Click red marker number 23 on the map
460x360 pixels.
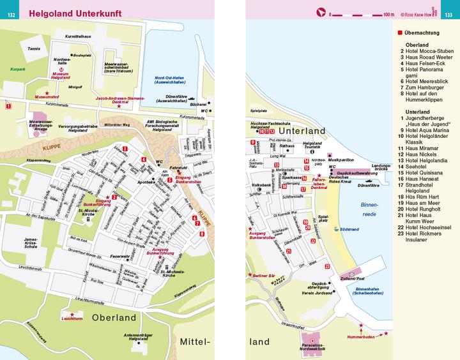327,266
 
